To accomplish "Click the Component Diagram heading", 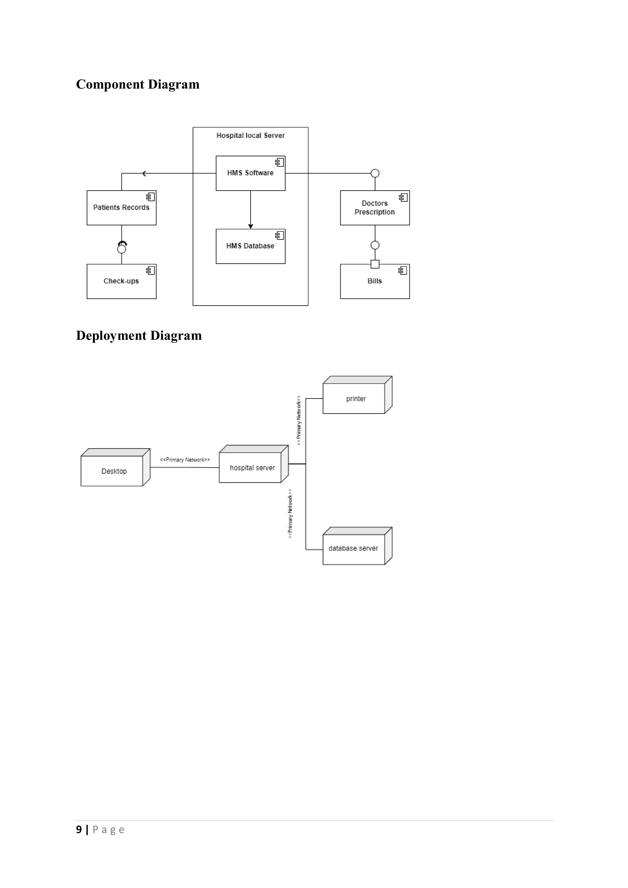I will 137,84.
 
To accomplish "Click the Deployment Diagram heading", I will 139,335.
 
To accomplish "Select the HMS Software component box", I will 250,173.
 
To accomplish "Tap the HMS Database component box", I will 250,246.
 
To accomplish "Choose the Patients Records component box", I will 121,208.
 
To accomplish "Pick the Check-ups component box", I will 121,281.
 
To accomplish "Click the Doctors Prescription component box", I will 374,208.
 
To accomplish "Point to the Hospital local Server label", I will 250,136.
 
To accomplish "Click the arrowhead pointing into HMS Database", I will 250,226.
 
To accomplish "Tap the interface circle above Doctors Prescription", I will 374,173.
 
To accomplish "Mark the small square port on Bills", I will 374,264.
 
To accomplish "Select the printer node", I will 356,398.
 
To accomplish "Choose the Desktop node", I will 114,471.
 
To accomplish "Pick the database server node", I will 353,548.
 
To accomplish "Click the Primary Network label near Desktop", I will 185,460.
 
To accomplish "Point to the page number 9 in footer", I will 79,829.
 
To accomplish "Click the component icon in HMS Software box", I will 279,162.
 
